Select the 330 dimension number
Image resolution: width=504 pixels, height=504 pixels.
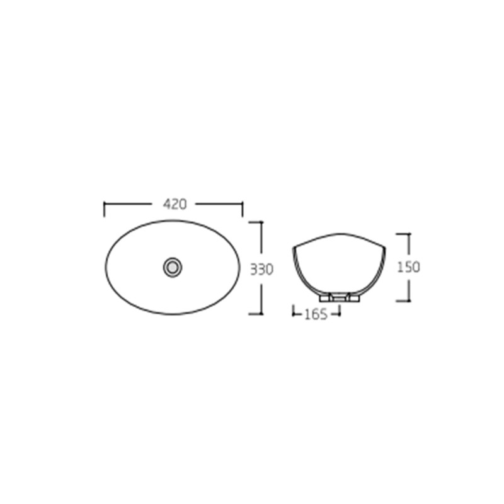(x=261, y=270)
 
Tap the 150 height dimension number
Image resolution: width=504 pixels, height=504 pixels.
(x=408, y=266)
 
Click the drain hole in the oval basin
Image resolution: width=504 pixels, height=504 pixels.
(x=171, y=266)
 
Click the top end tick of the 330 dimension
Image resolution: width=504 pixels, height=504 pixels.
(x=261, y=222)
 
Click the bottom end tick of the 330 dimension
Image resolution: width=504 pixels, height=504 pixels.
(x=261, y=313)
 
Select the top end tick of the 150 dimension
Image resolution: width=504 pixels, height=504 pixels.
(x=408, y=234)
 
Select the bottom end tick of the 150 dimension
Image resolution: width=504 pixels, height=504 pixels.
(x=408, y=301)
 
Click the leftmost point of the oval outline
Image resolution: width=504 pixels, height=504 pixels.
(x=105, y=266)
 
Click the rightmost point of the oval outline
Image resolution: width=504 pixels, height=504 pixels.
(x=239, y=266)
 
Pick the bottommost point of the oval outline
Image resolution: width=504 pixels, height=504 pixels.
(x=172, y=314)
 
